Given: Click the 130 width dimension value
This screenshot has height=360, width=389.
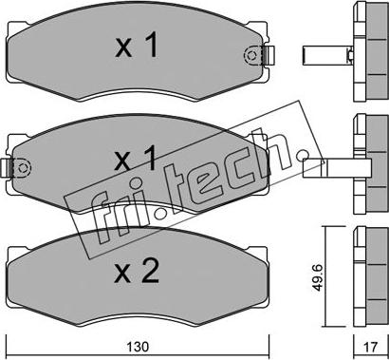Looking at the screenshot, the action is [138, 347].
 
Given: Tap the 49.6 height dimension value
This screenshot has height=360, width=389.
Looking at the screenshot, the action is [319, 278].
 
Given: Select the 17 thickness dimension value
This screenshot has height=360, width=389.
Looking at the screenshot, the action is [371, 347].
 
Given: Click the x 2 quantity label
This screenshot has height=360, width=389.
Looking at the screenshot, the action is [137, 271].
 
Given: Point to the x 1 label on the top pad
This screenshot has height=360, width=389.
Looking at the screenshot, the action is [137, 47].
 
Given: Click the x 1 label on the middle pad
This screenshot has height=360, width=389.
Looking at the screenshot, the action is [136, 158].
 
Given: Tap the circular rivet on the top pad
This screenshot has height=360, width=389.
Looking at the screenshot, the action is [251, 55].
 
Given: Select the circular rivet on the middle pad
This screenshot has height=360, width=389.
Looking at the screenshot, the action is [23, 167].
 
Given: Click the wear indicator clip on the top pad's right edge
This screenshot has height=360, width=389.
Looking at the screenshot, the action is [269, 55].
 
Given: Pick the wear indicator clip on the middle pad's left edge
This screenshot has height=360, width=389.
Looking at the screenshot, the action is [7, 167].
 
